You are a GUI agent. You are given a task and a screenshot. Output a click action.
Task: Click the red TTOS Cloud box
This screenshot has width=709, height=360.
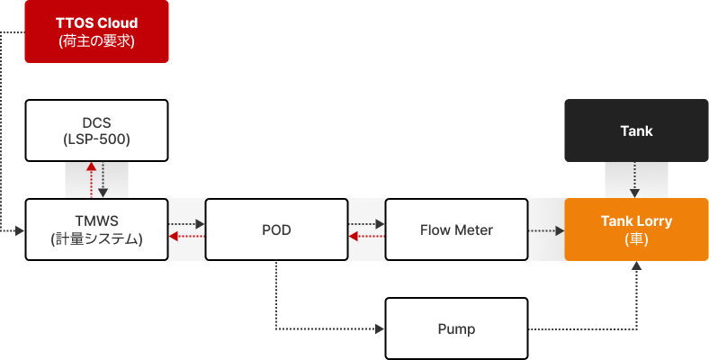96,31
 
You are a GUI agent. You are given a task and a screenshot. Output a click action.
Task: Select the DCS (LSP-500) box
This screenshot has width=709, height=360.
96,130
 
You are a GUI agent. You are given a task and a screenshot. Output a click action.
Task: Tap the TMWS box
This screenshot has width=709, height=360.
96,229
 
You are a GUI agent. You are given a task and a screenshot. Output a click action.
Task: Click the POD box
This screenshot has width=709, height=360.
276,229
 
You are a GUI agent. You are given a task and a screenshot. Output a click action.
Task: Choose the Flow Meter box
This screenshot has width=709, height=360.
456,229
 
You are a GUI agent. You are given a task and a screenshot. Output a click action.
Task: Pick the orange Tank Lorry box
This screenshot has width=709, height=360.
636,229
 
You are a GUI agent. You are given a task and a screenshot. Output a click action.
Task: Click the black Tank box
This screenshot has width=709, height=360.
636,130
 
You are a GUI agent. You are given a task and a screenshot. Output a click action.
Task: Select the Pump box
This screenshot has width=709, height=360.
456,328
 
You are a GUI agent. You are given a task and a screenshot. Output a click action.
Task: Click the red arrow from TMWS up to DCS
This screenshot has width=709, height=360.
90,180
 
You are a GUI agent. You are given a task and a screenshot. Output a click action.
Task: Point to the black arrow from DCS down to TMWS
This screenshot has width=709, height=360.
103,180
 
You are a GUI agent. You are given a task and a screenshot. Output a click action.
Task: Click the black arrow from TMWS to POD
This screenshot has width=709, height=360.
186,223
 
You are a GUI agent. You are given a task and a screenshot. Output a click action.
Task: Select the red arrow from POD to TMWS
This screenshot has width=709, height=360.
186,236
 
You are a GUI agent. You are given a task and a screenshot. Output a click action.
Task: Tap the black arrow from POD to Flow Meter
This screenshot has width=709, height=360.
366,223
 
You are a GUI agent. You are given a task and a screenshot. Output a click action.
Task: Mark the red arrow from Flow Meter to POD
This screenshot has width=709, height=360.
366,236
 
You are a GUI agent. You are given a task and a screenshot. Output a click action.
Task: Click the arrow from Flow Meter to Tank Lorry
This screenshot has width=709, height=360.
545,230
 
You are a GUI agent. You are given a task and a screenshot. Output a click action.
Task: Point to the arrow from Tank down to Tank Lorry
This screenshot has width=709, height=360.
636,180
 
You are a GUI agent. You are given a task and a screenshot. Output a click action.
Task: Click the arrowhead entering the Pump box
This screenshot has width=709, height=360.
380,328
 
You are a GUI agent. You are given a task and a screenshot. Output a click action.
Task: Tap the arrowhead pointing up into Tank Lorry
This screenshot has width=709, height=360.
636,265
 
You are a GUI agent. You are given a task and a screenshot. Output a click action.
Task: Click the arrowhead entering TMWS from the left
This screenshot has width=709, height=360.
21,231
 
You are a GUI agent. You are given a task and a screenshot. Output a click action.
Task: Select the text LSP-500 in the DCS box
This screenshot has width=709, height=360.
96,139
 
